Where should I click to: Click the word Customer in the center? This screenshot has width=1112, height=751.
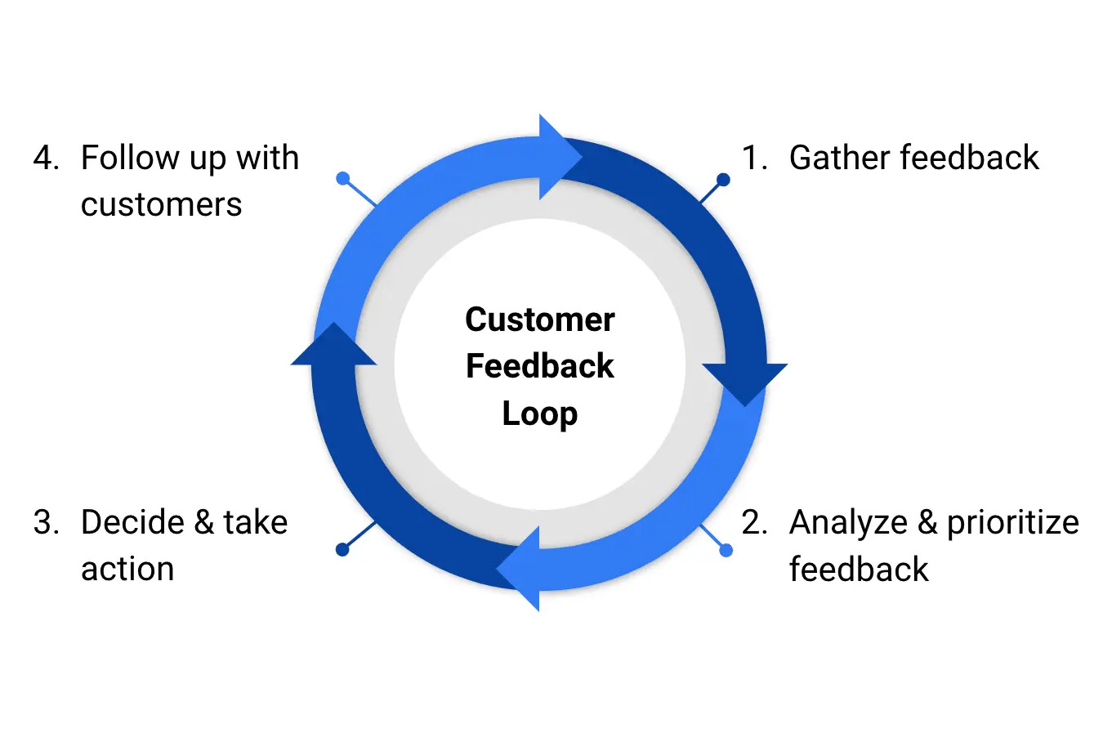tap(539, 320)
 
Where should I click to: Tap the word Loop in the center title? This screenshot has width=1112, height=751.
tap(539, 413)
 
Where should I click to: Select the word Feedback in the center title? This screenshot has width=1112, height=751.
tap(539, 366)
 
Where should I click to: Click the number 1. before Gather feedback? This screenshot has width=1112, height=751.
tap(754, 158)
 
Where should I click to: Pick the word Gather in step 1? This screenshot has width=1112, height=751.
tap(835, 158)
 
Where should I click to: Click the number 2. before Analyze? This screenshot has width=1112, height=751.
tap(754, 522)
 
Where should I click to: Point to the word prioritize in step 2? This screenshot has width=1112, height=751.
tap(1012, 523)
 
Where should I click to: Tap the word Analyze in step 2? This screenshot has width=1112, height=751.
tap(848, 523)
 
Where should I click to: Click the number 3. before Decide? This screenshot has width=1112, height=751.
tap(46, 522)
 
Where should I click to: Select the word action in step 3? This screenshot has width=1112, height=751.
tap(127, 569)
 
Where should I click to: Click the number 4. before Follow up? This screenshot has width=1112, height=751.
tap(46, 158)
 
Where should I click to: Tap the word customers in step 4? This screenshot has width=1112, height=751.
tap(161, 204)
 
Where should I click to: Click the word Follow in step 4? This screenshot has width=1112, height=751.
tap(130, 158)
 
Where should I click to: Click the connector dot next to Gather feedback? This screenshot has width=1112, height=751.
tap(723, 179)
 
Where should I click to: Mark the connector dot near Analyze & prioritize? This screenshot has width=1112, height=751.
tap(726, 551)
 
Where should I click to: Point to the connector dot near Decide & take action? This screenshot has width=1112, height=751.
tap(342, 550)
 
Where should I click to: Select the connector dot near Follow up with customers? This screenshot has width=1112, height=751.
tap(343, 178)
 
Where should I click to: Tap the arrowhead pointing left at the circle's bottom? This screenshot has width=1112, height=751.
tap(518, 568)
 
